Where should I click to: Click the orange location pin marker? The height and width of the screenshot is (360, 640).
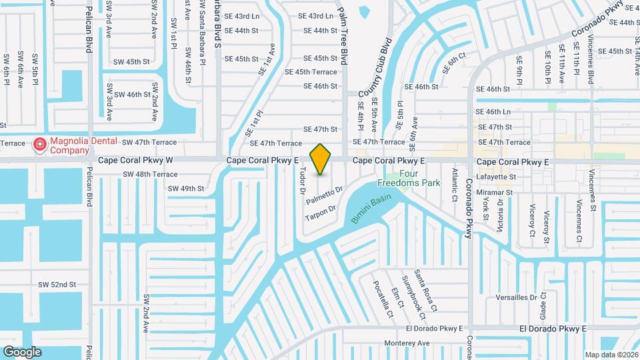coord(321,159)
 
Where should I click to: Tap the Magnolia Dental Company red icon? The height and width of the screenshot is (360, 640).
coord(39,144)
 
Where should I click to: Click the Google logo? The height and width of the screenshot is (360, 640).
coord(22,351)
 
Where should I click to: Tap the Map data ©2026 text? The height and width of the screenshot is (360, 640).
coord(611,354)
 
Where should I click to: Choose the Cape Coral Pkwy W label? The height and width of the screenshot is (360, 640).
coord(135,161)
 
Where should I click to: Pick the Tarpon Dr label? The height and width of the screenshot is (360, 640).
coord(321,213)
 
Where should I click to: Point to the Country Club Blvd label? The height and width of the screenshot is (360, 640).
coord(373,70)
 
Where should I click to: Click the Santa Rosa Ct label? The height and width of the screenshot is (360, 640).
coord(425,291)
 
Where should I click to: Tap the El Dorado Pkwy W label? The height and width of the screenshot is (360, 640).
coord(434,329)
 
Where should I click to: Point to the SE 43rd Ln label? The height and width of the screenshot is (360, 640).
coord(315,16)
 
